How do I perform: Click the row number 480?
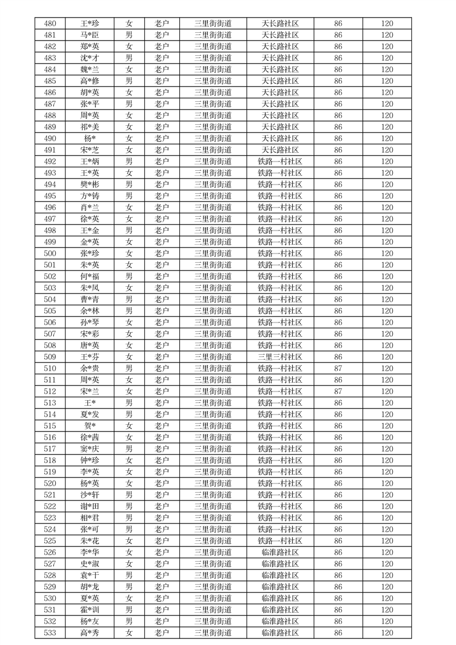click(50, 24)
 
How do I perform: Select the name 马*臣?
click(90, 35)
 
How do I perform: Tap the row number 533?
click(50, 633)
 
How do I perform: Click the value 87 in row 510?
click(338, 368)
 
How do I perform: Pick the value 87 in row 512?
click(338, 391)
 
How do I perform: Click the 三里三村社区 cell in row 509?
click(280, 357)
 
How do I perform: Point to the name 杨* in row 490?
click(90, 139)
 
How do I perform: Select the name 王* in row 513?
click(90, 403)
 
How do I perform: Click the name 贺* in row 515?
click(90, 426)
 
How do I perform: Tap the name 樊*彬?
click(90, 185)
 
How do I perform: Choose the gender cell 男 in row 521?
click(129, 495)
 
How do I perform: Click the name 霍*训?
click(90, 610)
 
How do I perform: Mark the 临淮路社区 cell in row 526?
click(280, 552)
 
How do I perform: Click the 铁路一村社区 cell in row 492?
click(280, 162)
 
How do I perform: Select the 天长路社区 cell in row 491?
click(280, 150)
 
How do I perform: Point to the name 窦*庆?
click(90, 449)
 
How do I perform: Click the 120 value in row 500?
click(387, 254)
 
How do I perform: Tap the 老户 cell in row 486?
click(162, 93)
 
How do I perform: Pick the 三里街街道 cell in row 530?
click(213, 598)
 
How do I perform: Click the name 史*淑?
click(90, 564)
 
